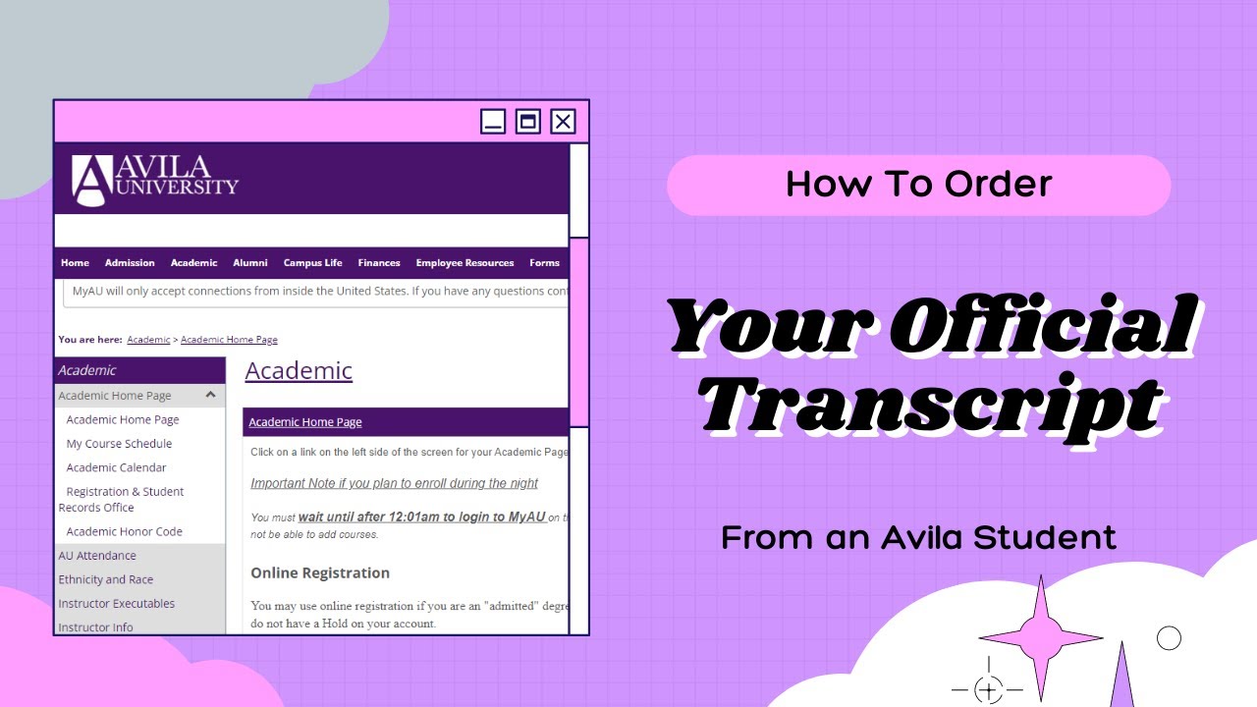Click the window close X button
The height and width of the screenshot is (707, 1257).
click(563, 121)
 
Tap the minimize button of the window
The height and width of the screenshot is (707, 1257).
click(493, 121)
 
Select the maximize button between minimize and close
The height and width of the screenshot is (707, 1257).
click(528, 121)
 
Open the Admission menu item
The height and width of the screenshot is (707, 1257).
click(130, 262)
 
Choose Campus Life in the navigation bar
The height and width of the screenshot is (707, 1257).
click(312, 262)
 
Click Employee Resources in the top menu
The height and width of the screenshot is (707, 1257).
click(465, 262)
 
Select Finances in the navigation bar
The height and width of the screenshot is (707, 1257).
click(379, 262)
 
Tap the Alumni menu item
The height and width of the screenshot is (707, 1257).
click(250, 262)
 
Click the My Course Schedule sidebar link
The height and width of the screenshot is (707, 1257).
click(119, 444)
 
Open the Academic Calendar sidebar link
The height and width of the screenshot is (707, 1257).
click(116, 467)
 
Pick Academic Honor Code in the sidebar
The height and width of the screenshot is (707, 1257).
click(124, 531)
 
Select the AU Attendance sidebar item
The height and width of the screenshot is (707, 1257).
click(97, 556)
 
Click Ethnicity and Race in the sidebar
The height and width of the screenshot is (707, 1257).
click(106, 579)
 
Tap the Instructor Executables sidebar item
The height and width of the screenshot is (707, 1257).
click(116, 604)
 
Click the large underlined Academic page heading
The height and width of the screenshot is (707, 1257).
click(299, 370)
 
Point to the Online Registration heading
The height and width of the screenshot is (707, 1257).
click(320, 572)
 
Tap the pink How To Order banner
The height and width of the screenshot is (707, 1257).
click(918, 185)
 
